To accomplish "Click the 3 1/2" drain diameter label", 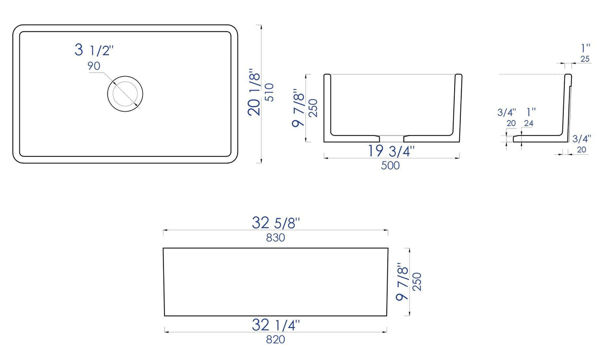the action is [x=94, y=50].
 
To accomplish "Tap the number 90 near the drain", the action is [x=94, y=66].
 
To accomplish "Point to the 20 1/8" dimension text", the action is [x=254, y=92].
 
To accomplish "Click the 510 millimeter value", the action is [x=269, y=92].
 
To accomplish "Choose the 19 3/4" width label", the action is [x=391, y=151].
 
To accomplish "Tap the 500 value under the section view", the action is [x=390, y=166].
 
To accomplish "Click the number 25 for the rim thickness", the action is [x=585, y=59].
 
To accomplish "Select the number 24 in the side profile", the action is [x=528, y=123].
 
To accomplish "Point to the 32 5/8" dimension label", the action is [x=276, y=222].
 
